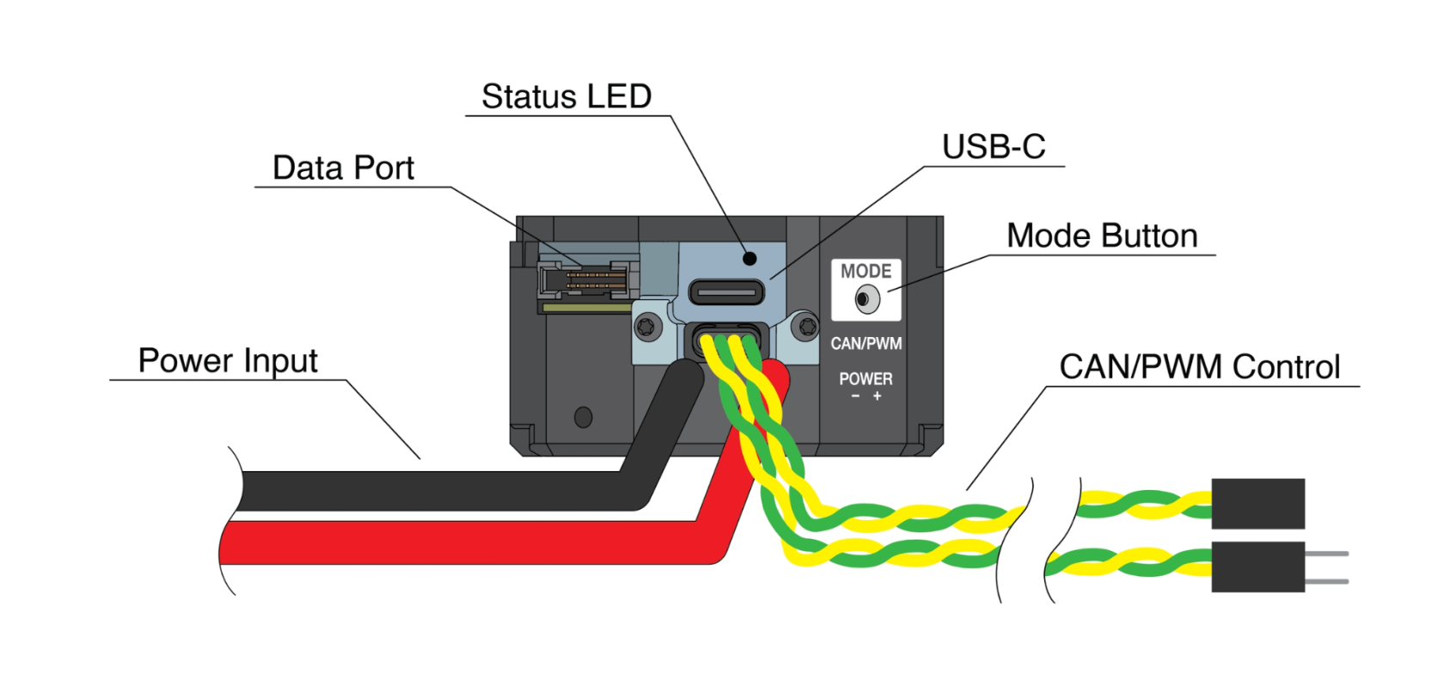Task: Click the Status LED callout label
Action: (566, 96)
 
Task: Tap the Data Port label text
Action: (343, 168)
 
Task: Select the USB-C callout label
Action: (994, 147)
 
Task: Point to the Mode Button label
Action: (1102, 236)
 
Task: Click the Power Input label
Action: (228, 361)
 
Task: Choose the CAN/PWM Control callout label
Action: (1199, 367)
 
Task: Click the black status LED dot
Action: (750, 258)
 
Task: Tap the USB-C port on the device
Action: (726, 292)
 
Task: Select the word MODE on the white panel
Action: (866, 272)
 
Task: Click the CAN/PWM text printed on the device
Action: (866, 344)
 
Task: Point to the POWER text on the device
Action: (866, 379)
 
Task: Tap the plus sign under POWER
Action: (877, 396)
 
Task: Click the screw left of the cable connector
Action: (647, 327)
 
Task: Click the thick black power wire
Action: (430, 490)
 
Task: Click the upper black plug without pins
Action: (1257, 504)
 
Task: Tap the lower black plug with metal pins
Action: (1257, 567)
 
